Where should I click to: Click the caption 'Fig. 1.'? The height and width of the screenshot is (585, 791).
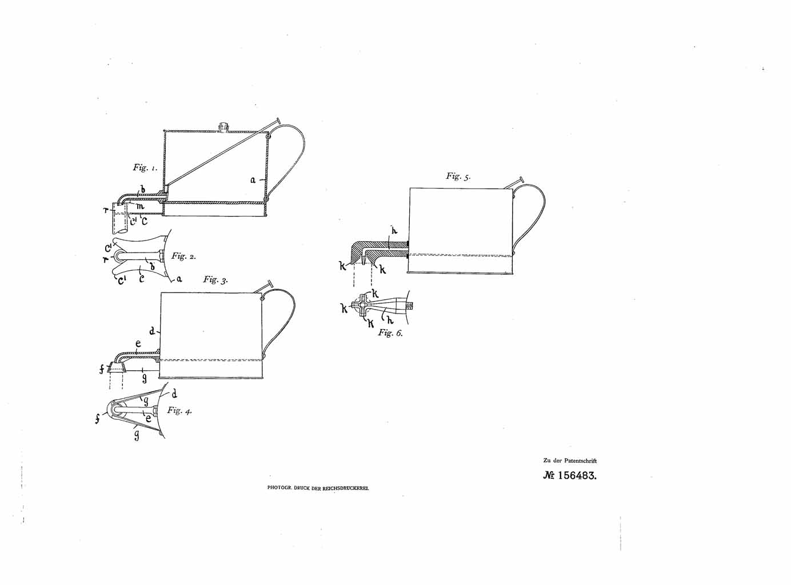point(145,167)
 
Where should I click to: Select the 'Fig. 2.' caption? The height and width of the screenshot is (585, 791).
point(183,257)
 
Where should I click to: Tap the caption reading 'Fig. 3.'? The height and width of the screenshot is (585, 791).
point(215,280)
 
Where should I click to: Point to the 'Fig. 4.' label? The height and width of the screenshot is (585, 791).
point(179,410)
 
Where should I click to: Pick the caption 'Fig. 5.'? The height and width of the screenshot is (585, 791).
point(458,177)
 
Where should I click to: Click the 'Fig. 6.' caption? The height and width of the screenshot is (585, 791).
point(390,333)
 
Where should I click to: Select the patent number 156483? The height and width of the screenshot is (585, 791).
point(570,475)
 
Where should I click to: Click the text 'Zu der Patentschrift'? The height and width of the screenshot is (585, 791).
point(570,460)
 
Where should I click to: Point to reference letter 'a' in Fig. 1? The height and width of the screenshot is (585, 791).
point(252,179)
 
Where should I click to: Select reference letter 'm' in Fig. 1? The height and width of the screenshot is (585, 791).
point(140,206)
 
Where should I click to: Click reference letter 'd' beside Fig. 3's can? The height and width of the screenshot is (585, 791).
point(152,331)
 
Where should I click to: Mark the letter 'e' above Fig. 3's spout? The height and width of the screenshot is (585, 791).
point(138,344)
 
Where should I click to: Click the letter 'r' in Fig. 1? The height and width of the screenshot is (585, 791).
point(106,210)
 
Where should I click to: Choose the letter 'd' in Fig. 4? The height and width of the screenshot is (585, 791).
point(174,394)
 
